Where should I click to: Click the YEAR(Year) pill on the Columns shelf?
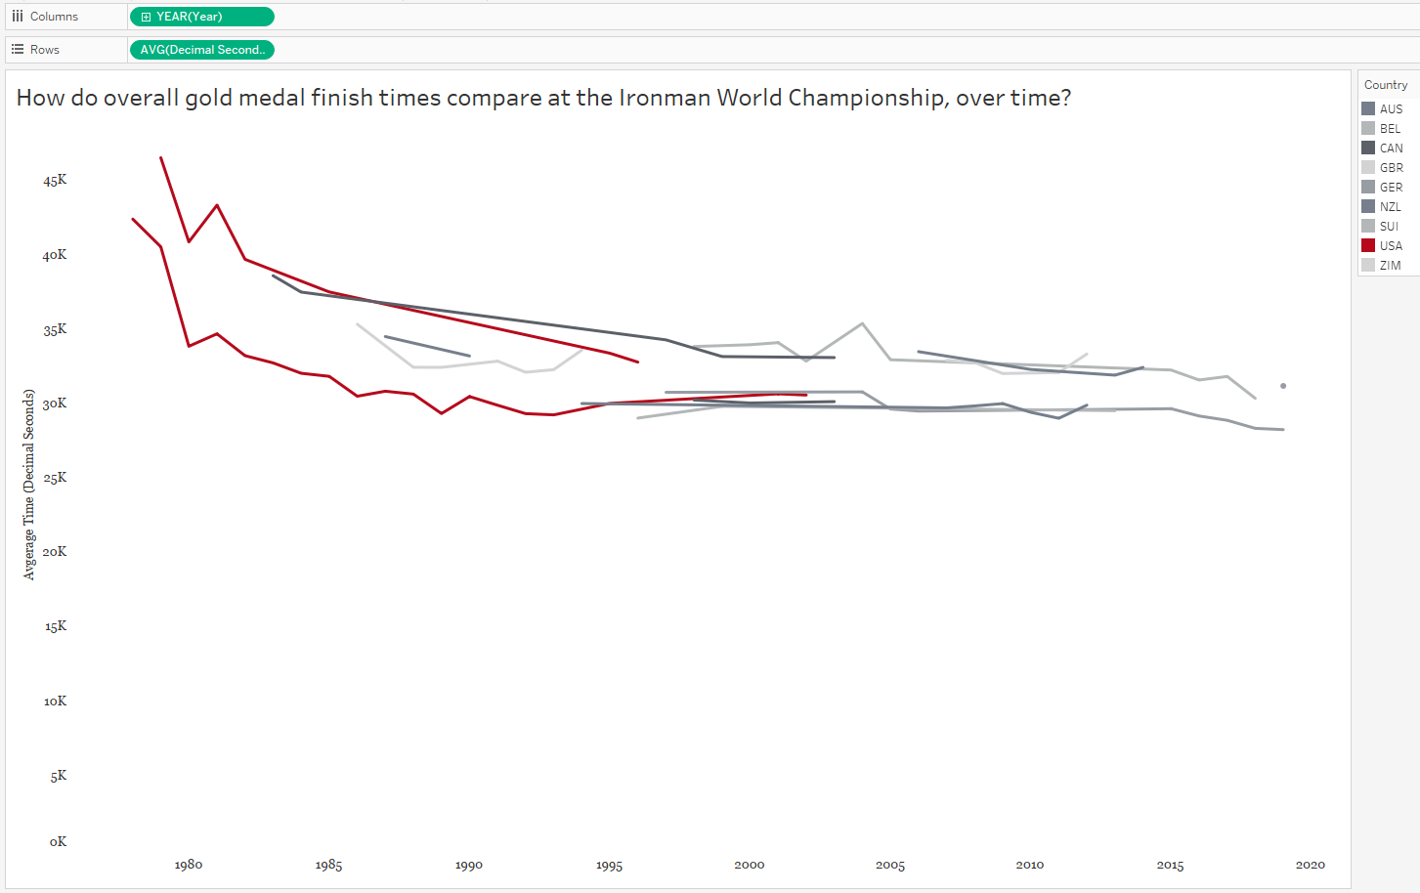coord(201,17)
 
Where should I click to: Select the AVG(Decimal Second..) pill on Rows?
coord(201,50)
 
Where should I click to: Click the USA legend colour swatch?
coord(1368,245)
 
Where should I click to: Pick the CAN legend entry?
coord(1391,149)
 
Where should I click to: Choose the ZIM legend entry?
coord(1390,266)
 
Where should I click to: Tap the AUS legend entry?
coord(1391,109)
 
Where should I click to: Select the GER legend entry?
coord(1391,188)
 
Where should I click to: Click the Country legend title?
coord(1386,85)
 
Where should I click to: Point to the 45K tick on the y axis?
coord(55,180)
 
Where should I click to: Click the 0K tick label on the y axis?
coord(58,841)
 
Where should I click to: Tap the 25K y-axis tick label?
coord(55,478)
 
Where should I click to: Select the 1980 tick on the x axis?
coord(189,865)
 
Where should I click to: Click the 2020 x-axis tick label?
coord(1311,865)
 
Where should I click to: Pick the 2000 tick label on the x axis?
coord(750,865)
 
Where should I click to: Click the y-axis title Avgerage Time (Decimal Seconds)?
coord(29,485)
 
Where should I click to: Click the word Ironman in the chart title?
coord(665,98)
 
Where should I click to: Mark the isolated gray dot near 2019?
coord(1283,386)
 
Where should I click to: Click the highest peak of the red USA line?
coord(161,157)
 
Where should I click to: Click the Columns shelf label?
coord(54,17)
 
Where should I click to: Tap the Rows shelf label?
coord(44,50)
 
